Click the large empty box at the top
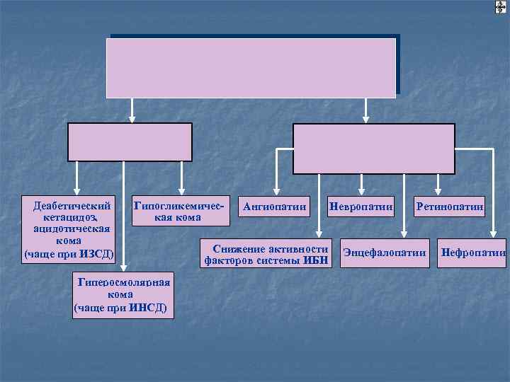[251, 67]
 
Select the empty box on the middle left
[130, 141]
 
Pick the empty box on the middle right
[374, 148]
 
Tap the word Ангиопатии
[274, 207]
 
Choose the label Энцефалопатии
[384, 253]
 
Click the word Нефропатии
[473, 253]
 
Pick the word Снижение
[238, 249]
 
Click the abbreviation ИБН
[316, 260]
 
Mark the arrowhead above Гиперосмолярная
[124, 267]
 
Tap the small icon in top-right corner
[500, 8]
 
